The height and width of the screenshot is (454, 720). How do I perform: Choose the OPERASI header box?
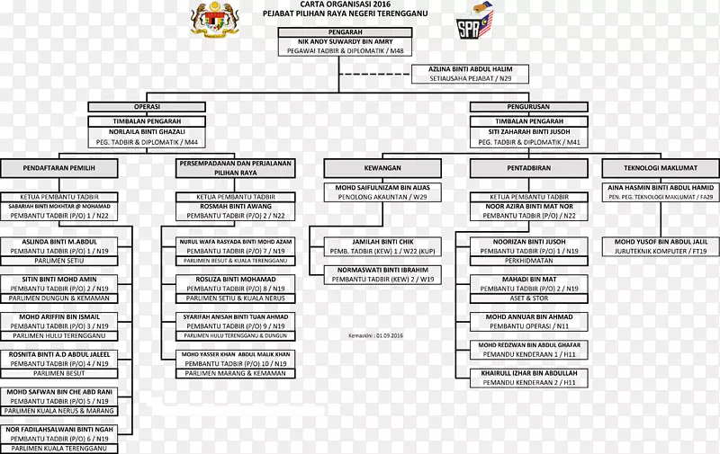(x=146, y=106)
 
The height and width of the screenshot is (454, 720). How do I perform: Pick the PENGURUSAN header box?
(x=528, y=106)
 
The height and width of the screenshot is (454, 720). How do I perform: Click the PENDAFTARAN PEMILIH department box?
(x=59, y=168)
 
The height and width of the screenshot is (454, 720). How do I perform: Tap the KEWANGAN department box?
(x=382, y=168)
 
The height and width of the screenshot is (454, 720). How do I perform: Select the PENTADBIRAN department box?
(x=528, y=168)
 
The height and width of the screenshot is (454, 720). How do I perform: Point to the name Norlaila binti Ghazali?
(x=146, y=131)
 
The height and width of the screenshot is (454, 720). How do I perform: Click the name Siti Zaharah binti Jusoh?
(x=528, y=131)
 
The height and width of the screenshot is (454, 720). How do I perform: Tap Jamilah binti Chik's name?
(x=382, y=242)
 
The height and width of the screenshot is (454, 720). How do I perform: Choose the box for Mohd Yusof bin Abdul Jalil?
(x=661, y=247)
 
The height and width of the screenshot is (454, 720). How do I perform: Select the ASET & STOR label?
(x=528, y=298)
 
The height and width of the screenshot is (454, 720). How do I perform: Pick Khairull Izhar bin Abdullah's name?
(x=528, y=372)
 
